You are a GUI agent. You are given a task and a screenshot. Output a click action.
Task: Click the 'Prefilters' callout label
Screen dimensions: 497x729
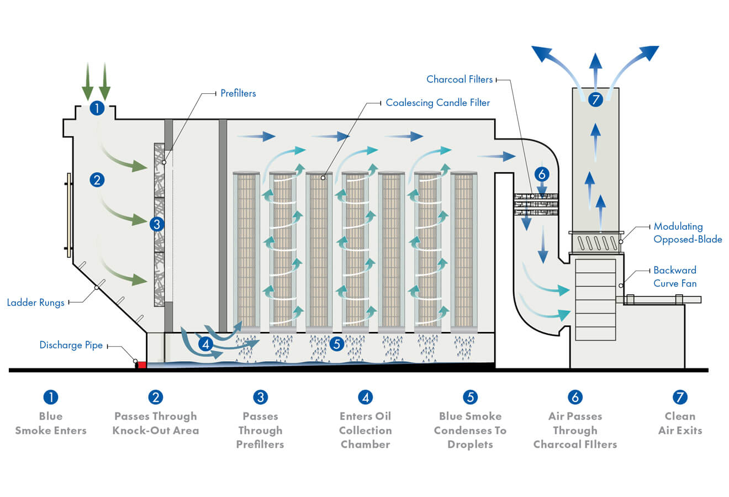click(x=238, y=93)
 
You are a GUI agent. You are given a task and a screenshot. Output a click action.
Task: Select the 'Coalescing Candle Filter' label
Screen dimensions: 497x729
click(x=437, y=103)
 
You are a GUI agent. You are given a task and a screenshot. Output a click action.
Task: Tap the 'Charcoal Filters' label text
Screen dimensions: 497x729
click(x=459, y=80)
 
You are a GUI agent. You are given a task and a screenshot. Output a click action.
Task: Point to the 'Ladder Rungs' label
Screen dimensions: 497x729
click(x=35, y=303)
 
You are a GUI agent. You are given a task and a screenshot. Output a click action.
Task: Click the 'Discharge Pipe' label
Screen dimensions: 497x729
click(x=71, y=345)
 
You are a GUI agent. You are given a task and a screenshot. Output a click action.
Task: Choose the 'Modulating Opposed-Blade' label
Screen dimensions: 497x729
click(x=687, y=233)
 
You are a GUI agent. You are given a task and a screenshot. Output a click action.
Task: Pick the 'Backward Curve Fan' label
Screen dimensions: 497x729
click(x=675, y=277)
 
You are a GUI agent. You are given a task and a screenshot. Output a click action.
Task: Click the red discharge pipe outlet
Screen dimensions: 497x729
click(x=141, y=364)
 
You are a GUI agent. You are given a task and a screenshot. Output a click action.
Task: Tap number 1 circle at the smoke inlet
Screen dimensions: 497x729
click(x=97, y=108)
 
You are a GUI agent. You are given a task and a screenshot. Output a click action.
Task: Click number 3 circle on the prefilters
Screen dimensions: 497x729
click(x=156, y=224)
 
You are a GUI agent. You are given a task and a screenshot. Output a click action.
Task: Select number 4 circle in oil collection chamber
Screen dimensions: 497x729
click(x=205, y=344)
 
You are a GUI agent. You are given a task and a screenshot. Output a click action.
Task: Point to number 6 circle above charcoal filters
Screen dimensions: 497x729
click(x=542, y=175)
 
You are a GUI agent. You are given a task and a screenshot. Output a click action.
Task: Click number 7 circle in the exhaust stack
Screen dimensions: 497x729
click(x=595, y=100)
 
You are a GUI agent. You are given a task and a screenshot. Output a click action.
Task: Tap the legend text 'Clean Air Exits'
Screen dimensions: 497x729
click(x=680, y=423)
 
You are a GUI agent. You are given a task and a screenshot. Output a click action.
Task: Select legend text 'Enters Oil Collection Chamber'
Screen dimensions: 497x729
click(x=365, y=430)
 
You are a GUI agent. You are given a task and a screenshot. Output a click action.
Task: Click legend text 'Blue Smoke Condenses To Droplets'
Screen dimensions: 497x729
click(x=470, y=430)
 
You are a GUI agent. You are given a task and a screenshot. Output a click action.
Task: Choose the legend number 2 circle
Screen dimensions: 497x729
click(x=156, y=397)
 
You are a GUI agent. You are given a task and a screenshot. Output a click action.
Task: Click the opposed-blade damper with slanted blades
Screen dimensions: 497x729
click(x=596, y=243)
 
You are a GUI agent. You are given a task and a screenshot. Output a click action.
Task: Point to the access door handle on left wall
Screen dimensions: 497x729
click(x=68, y=211)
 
